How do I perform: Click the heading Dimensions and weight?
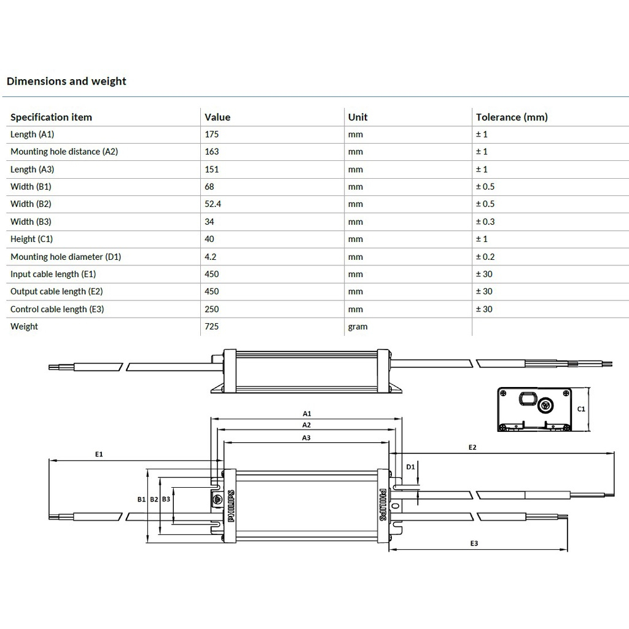pos(66,81)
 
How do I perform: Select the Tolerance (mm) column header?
pos(512,117)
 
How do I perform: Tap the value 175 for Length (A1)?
pos(212,134)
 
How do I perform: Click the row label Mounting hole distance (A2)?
pos(64,151)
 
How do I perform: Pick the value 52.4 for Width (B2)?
pos(214,204)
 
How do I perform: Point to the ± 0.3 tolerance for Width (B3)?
pos(485,222)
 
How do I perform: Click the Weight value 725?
pos(212,326)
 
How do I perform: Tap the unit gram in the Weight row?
pos(357,326)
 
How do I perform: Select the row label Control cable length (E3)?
pos(57,309)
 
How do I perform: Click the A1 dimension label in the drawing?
pos(307,414)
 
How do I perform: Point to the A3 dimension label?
pos(307,438)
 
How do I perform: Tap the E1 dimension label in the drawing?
pos(99,454)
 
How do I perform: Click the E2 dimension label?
pos(472,447)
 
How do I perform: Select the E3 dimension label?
pos(474,544)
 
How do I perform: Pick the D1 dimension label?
pos(410,467)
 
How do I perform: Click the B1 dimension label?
pos(141,499)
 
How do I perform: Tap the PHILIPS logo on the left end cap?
pos(231,506)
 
